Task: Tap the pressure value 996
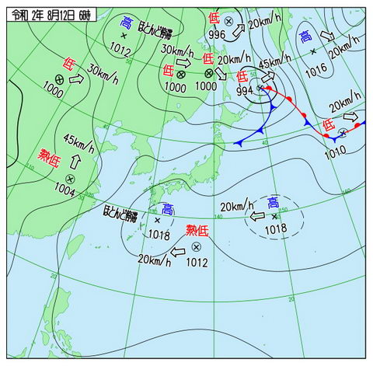[x=217, y=34]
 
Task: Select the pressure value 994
[x=244, y=91]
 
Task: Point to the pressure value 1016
[x=315, y=70]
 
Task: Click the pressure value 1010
[x=336, y=152]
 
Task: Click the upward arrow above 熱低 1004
[x=76, y=162]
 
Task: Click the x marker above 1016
[x=313, y=51]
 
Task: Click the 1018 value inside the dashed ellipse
[x=274, y=228]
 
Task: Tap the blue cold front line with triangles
[x=256, y=131]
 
